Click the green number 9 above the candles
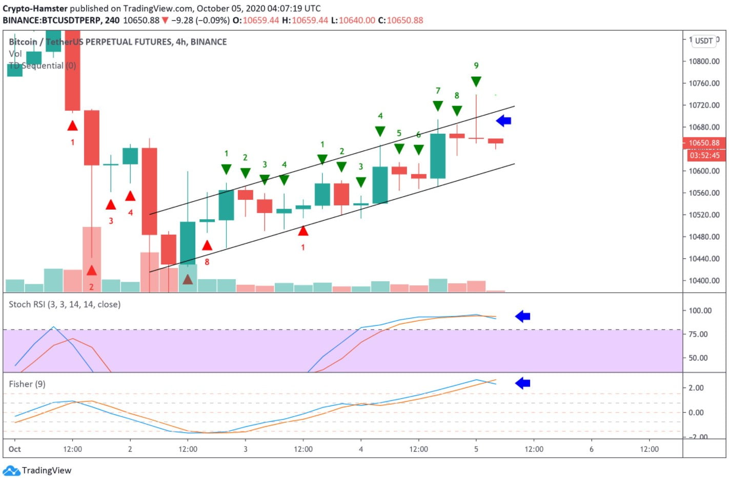[x=476, y=66]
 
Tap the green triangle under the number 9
[x=476, y=81]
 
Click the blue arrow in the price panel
[x=503, y=121]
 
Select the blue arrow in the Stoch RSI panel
[x=522, y=317]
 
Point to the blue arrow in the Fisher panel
[x=522, y=383]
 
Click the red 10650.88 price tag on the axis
[x=704, y=143]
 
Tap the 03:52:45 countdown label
[x=704, y=155]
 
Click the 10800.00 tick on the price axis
[x=704, y=61]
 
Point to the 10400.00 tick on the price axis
[x=704, y=281]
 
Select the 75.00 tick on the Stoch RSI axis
[x=699, y=334]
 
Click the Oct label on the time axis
[x=15, y=449]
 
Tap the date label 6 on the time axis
[x=591, y=449]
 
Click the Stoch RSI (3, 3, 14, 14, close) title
[x=65, y=304]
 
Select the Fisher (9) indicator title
[x=27, y=384]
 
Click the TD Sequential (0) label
[x=43, y=66]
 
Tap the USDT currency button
[x=704, y=41]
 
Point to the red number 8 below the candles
[x=207, y=262]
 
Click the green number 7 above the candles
[x=438, y=91]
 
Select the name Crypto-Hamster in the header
[x=35, y=8]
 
